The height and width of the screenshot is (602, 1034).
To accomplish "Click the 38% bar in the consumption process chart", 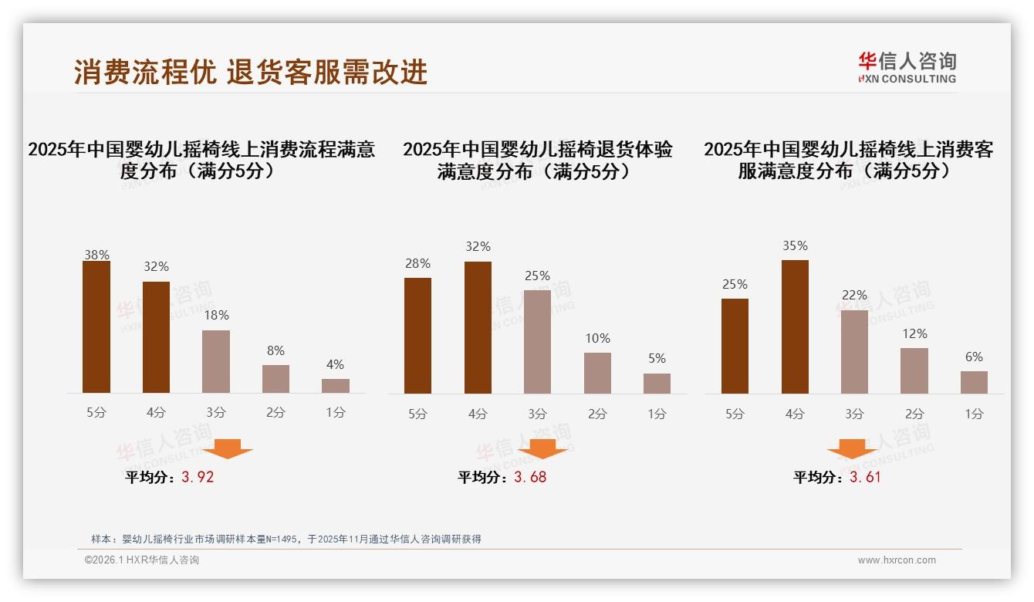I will (x=96, y=327).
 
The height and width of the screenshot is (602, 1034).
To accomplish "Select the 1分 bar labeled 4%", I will (x=336, y=386).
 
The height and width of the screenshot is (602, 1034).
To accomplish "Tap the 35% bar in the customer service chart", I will (x=795, y=327).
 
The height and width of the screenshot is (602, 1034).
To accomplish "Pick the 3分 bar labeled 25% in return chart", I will (x=537, y=342).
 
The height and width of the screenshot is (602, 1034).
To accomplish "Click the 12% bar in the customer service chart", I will (x=914, y=370).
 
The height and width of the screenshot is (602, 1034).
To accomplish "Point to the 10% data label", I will (x=597, y=338).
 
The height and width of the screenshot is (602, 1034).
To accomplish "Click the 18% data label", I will (x=216, y=315).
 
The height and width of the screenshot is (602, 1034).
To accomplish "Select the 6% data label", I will (x=974, y=357).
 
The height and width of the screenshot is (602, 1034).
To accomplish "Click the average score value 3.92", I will (x=198, y=477).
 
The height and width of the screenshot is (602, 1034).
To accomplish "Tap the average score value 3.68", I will (x=530, y=477).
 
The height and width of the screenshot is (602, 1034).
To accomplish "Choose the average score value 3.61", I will (x=865, y=477).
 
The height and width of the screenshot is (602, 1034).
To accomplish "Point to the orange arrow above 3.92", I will (x=228, y=449).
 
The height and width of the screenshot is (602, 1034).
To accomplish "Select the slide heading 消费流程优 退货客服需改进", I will (x=251, y=72).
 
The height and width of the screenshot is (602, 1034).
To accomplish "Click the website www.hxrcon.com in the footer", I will (x=897, y=560).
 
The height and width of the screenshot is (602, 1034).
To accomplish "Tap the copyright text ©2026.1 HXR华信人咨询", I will (x=142, y=560).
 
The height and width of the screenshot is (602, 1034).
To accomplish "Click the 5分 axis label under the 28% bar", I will (x=417, y=414).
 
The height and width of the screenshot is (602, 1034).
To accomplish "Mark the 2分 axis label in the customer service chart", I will (x=914, y=414).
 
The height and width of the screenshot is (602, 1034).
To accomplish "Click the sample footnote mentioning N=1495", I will (x=286, y=539).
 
